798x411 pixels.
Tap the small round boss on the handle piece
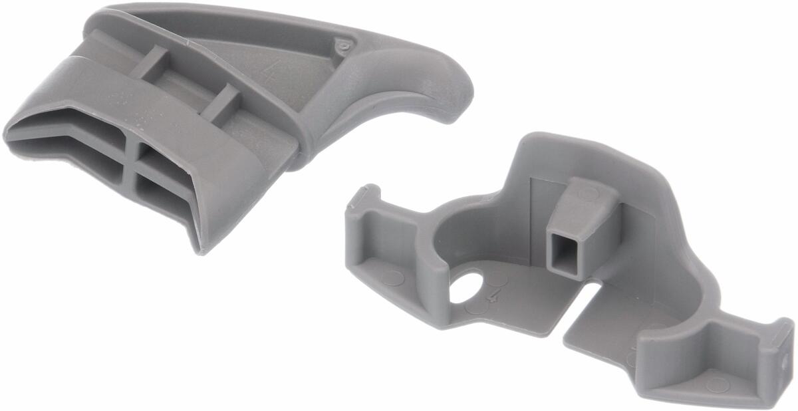(x=344, y=47)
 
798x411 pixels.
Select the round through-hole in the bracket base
(x=467, y=287)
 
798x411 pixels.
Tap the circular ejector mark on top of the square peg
(x=588, y=194)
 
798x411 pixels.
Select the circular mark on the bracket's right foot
(x=718, y=384)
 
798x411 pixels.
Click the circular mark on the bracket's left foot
(x=392, y=278)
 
